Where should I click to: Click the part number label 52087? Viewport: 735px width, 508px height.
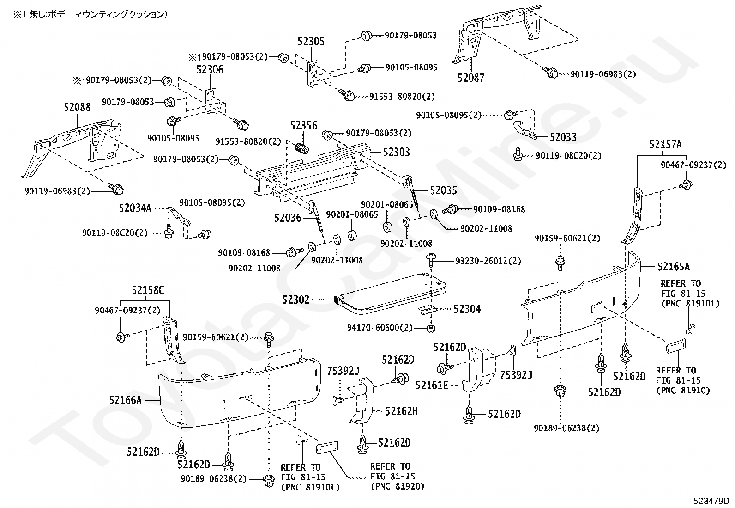coord(471,78)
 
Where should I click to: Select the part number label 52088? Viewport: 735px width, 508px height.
coord(77,107)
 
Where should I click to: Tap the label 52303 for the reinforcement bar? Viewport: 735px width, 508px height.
coord(397,152)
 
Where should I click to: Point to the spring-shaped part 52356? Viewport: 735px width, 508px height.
coord(302,148)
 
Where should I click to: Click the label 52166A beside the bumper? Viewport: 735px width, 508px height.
coord(125,400)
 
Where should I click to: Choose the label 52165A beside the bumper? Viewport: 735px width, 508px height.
coord(673,267)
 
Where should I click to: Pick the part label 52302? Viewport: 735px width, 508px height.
coord(295,300)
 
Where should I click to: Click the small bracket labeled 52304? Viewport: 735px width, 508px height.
coord(428,310)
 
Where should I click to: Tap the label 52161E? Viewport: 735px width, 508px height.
coord(432,385)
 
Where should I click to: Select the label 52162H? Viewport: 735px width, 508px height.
coord(401,411)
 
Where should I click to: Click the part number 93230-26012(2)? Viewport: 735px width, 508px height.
coord(488,261)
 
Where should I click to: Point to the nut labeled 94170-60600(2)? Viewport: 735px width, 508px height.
coord(431,328)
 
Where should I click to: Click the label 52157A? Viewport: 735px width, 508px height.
coord(665,145)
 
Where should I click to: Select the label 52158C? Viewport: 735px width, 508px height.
coord(148,290)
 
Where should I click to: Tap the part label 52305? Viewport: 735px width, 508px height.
coord(311,42)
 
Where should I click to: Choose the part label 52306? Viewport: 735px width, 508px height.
coord(210,70)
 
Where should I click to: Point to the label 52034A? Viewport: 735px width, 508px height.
coord(135,208)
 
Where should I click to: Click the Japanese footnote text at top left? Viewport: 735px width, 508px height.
coord(90,14)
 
